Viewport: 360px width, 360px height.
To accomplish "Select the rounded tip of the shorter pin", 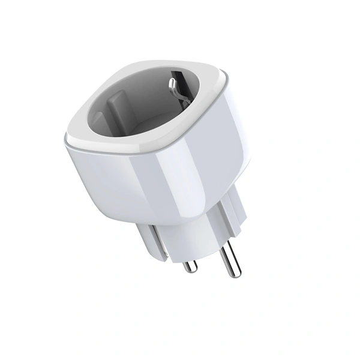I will [x=189, y=270].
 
